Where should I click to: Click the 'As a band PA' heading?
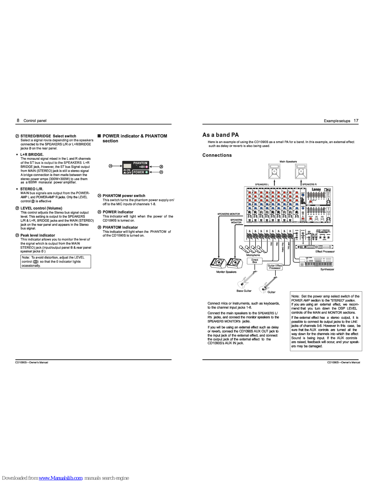(x=221, y=135)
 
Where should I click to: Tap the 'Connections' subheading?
(x=217, y=155)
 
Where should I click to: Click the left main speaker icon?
(x=274, y=171)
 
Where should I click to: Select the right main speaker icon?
(x=301, y=171)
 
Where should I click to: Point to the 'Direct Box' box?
(x=255, y=261)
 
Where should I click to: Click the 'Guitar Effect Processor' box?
(x=275, y=267)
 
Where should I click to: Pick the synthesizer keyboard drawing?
(x=316, y=262)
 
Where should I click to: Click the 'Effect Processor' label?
(x=325, y=251)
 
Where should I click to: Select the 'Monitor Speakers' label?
(x=226, y=272)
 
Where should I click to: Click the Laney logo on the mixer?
(x=316, y=190)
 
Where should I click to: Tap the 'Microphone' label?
(x=253, y=255)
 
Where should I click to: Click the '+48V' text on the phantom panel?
(x=142, y=167)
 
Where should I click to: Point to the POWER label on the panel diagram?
(x=139, y=172)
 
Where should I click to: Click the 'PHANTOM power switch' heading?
(x=124, y=196)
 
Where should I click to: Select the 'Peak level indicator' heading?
(x=37, y=235)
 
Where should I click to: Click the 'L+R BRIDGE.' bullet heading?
(x=32, y=155)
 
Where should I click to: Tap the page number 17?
(x=356, y=121)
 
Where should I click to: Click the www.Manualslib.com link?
(x=60, y=478)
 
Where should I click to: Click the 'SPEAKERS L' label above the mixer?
(x=262, y=184)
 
